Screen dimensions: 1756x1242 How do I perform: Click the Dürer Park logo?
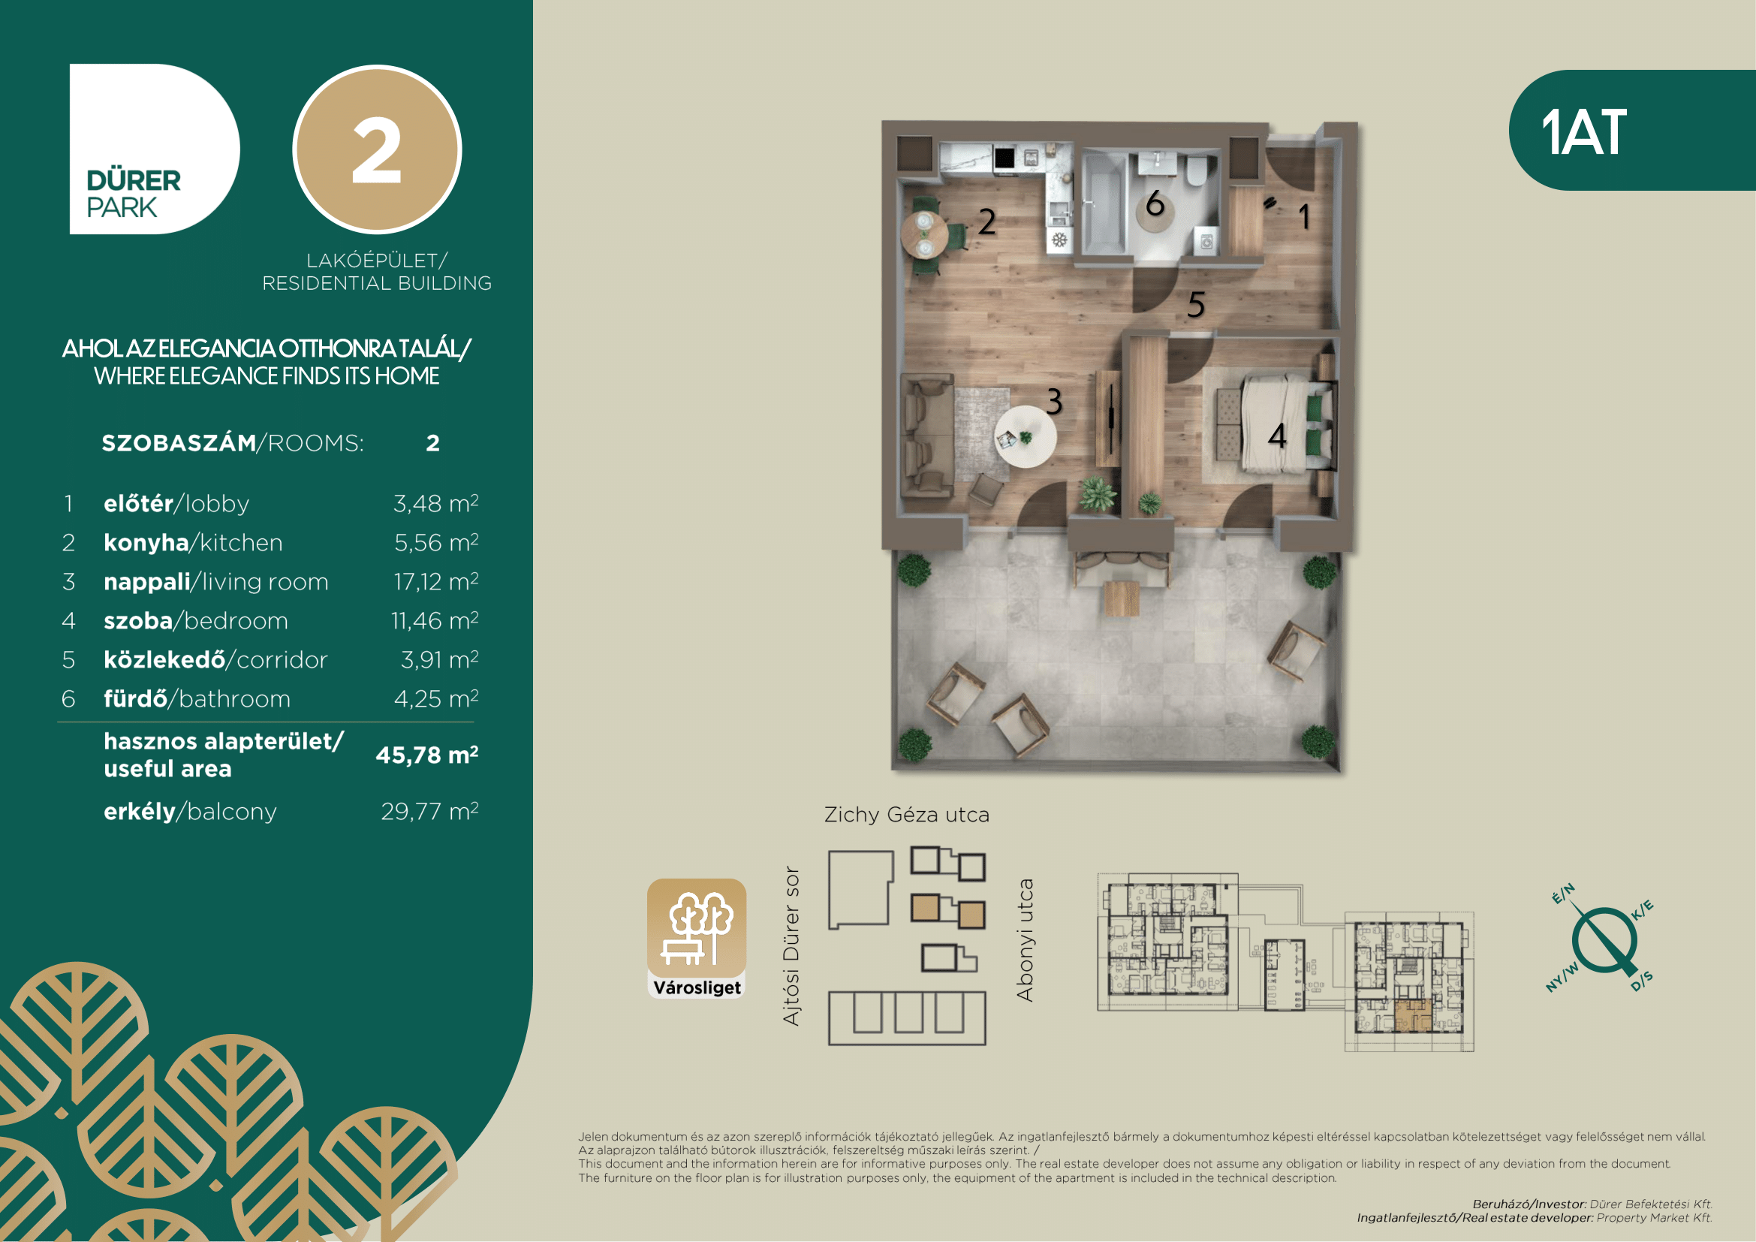point(155,149)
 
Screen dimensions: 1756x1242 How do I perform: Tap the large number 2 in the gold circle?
point(376,151)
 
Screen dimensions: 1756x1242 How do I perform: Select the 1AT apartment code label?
point(1583,132)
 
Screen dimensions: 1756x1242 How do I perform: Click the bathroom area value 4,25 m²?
point(436,698)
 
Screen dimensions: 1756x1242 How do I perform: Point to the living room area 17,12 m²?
point(436,581)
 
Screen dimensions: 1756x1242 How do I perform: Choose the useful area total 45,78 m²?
point(426,755)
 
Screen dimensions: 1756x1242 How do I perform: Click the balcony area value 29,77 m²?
point(430,811)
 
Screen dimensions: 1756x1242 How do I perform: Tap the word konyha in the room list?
point(146,542)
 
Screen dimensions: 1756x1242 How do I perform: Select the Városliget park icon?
point(697,938)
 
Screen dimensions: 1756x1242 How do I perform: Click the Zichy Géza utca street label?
point(906,815)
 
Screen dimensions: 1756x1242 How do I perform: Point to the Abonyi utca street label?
point(1025,940)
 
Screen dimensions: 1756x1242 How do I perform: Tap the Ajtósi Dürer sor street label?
point(791,946)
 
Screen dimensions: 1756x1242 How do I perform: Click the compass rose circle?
point(1604,940)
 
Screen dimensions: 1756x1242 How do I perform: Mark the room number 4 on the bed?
point(1276,436)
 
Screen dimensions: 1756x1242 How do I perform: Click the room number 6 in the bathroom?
point(1155,203)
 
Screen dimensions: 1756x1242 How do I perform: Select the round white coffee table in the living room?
point(1026,437)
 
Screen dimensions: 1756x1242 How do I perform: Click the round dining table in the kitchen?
point(925,234)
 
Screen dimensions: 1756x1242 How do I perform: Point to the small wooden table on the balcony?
point(1121,598)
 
